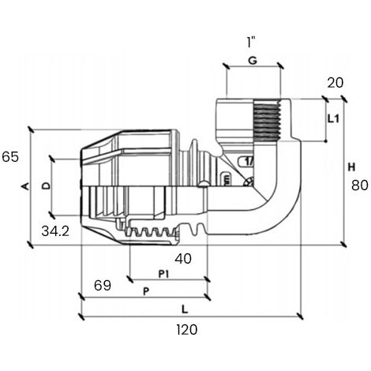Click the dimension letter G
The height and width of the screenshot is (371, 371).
tap(253, 61)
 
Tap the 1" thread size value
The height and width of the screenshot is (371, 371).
tap(251, 42)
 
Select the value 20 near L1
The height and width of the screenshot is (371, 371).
tap(335, 83)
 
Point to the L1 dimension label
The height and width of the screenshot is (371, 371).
tap(334, 119)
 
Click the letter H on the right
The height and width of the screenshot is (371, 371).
tap(351, 167)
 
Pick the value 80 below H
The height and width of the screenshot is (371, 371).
tap(360, 185)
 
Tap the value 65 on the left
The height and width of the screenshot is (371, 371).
tap(10, 157)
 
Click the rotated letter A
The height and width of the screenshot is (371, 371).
tap(25, 186)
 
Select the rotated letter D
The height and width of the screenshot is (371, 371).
tap(47, 186)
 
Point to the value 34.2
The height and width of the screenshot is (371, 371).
tap(55, 231)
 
